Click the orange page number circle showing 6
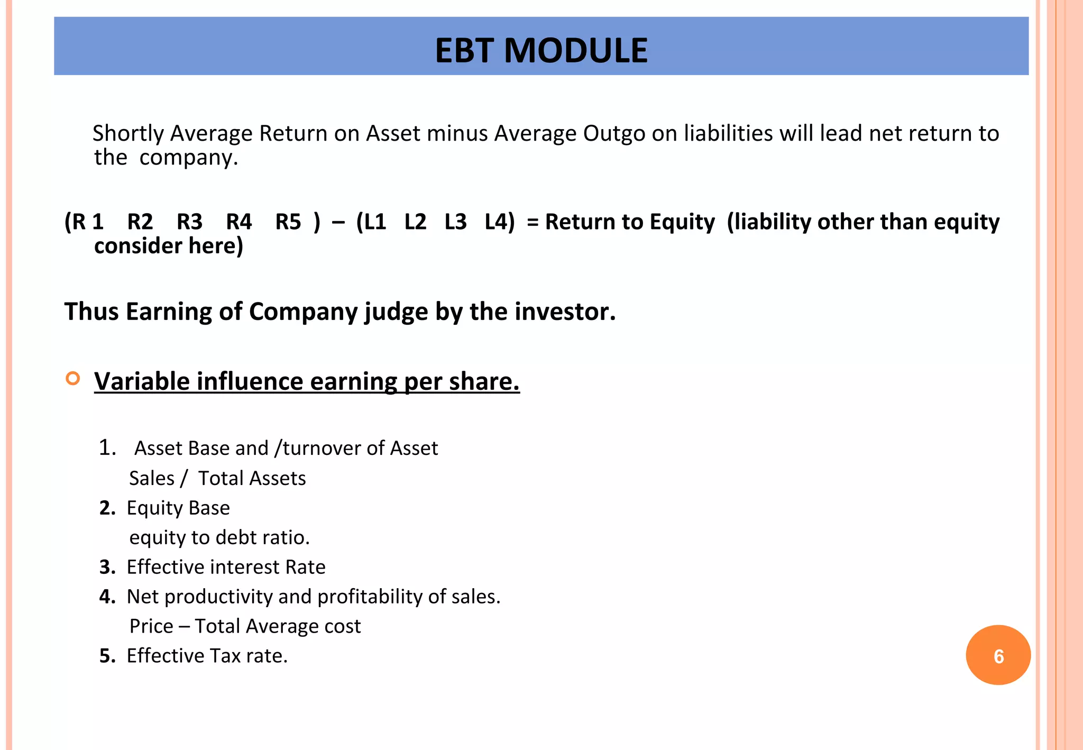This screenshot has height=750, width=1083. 998,655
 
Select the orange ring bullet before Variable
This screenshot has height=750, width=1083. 73,378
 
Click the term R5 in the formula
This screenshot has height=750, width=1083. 288,222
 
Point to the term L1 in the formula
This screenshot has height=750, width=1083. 371,222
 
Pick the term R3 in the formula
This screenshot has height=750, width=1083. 189,222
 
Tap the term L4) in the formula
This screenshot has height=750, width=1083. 499,222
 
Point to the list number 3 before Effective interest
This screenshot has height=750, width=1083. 107,567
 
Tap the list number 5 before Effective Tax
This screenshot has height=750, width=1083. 107,656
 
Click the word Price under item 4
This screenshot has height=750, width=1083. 151,626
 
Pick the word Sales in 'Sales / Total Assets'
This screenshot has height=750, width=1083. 151,478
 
